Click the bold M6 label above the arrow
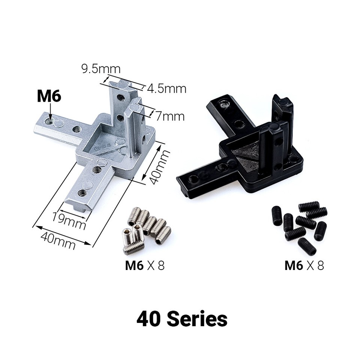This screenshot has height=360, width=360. click(49, 96)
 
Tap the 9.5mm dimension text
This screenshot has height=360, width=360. click(100, 69)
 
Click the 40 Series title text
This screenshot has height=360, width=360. click(182, 319)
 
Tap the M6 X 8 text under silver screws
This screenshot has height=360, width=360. click(145, 265)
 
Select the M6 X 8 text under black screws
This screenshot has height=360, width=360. click(304, 265)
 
